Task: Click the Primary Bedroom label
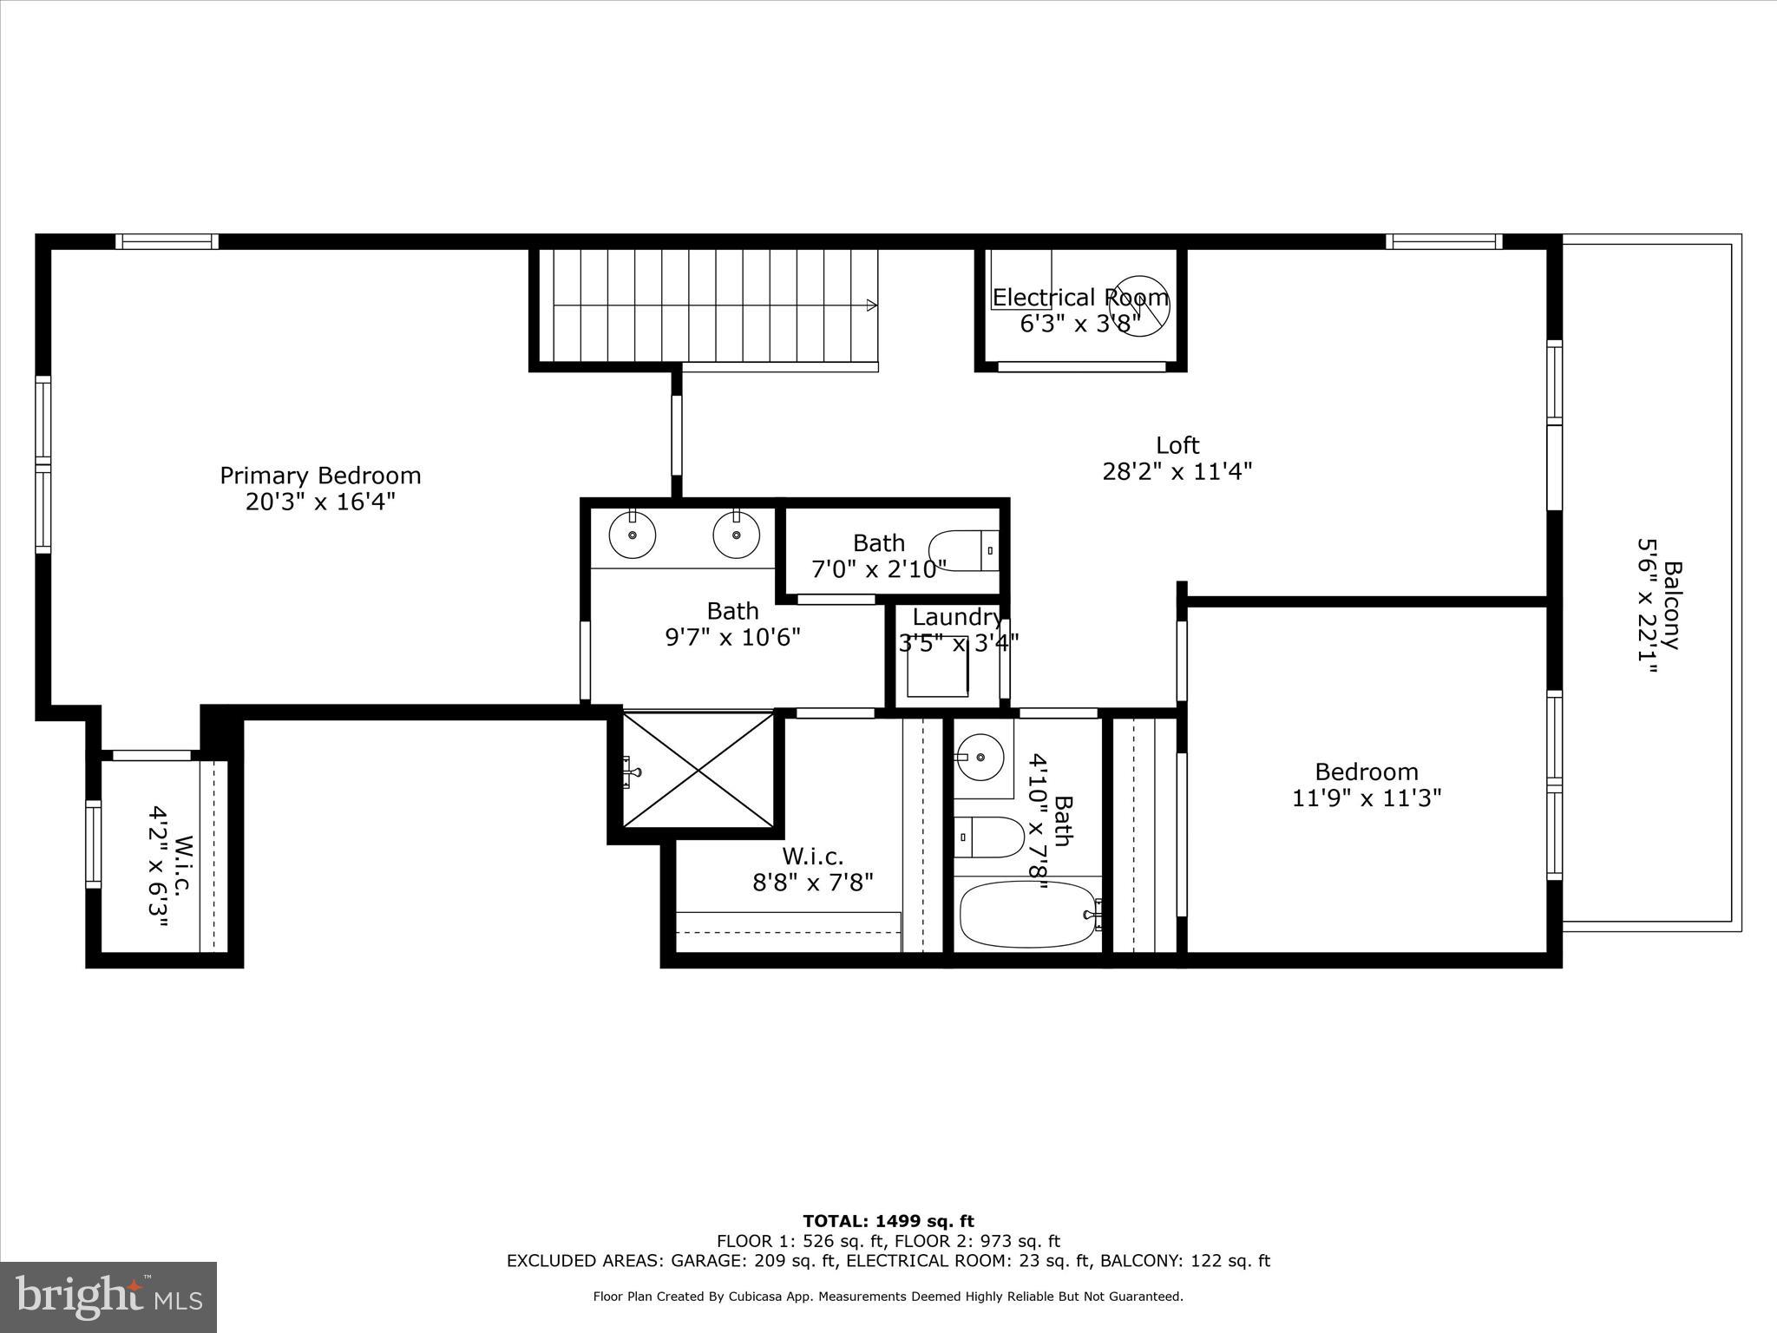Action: pyautogui.click(x=320, y=476)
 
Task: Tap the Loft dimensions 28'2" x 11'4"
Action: pyautogui.click(x=1177, y=471)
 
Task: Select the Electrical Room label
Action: pyautogui.click(x=1079, y=298)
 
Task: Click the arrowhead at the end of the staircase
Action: pyautogui.click(x=871, y=305)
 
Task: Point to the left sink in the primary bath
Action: pyautogui.click(x=633, y=535)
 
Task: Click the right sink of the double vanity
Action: pyautogui.click(x=737, y=535)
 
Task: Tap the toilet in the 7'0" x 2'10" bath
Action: pyautogui.click(x=962, y=549)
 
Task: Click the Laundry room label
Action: pyautogui.click(x=956, y=617)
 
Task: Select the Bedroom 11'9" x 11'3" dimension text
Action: pyautogui.click(x=1367, y=798)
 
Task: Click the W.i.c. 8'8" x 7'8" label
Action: pyautogui.click(x=812, y=870)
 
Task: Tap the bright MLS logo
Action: pyautogui.click(x=108, y=1297)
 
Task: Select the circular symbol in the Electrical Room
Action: pyautogui.click(x=1138, y=305)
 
